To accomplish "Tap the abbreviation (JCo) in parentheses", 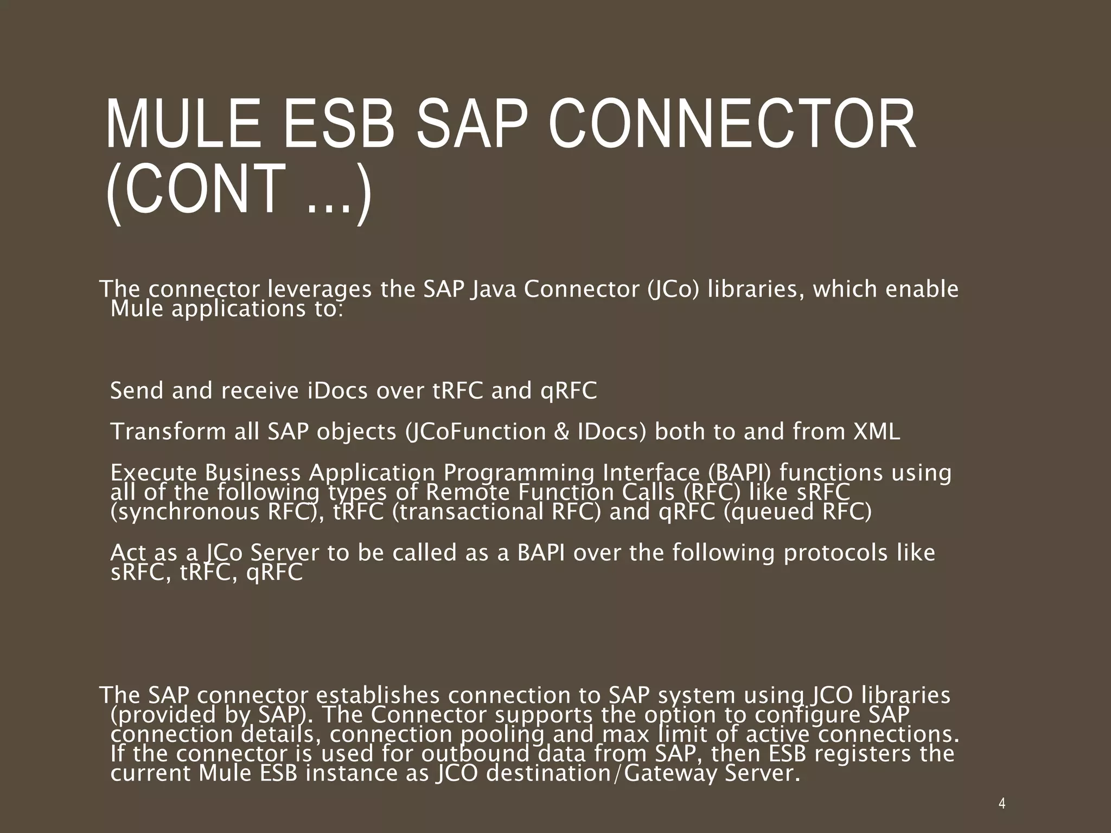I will pyautogui.click(x=672, y=289).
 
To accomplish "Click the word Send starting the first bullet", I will pyautogui.click(x=137, y=390).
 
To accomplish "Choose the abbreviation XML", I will pyautogui.click(x=877, y=432).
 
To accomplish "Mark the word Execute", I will pyautogui.click(x=154, y=473).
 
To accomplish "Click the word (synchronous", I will pyautogui.click(x=185, y=512).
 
